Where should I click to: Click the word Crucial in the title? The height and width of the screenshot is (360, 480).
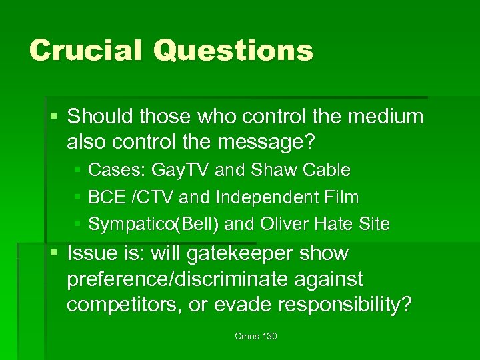point(84,50)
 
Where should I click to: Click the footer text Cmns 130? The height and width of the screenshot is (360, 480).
point(256,336)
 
